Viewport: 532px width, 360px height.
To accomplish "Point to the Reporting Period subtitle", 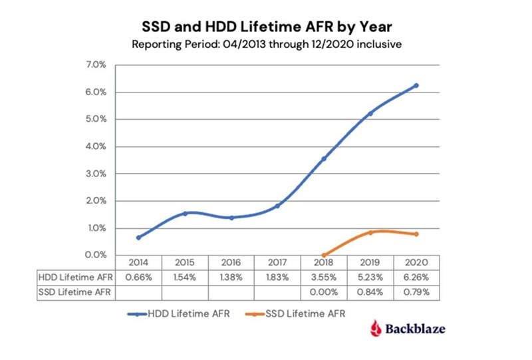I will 265,45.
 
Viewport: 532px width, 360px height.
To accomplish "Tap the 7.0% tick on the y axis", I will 95,65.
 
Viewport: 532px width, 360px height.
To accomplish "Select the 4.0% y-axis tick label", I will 95,146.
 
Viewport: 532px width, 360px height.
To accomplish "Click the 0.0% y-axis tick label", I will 95,255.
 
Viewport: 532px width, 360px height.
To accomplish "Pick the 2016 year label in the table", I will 231,263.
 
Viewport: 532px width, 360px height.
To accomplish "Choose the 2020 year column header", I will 416,263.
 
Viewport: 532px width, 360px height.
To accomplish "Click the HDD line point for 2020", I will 416,85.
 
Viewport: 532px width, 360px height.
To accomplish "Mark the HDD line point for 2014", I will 138,238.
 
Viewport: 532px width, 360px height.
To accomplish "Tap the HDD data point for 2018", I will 324,158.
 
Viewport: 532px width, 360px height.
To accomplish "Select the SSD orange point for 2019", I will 370,232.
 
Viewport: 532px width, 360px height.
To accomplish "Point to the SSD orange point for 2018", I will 324,255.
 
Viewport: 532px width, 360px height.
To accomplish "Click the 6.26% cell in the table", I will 416,277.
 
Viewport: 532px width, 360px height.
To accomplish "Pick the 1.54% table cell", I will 185,277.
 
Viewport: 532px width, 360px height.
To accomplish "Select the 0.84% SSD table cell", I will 370,291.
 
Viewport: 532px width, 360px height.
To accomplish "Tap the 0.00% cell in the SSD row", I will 324,291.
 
